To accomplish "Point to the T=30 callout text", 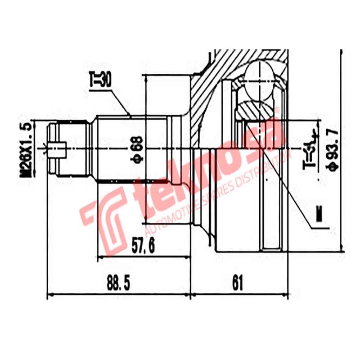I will point(100,81).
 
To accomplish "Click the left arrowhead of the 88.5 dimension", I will point(49,295).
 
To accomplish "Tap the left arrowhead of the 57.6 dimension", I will point(100,257).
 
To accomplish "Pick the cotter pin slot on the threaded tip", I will point(58,148).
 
